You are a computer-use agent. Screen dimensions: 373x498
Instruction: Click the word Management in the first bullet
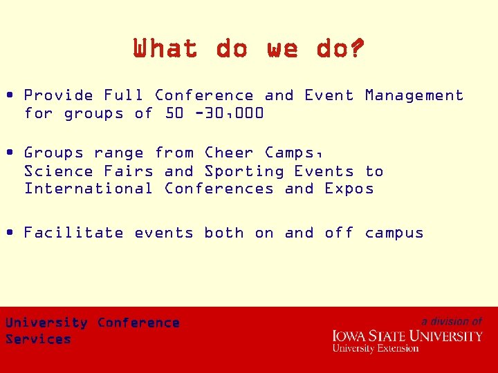414,95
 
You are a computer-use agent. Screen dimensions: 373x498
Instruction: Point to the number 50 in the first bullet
175,113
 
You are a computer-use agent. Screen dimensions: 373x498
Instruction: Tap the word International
89,189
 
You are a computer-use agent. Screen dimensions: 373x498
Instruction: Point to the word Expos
349,189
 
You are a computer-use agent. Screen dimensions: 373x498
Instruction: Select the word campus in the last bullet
394,233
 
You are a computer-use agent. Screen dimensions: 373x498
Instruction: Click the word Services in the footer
38,339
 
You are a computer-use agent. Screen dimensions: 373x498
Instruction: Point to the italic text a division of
452,321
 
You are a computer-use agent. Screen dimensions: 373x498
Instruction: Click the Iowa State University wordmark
407,336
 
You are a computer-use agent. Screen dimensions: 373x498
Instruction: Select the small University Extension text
376,349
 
